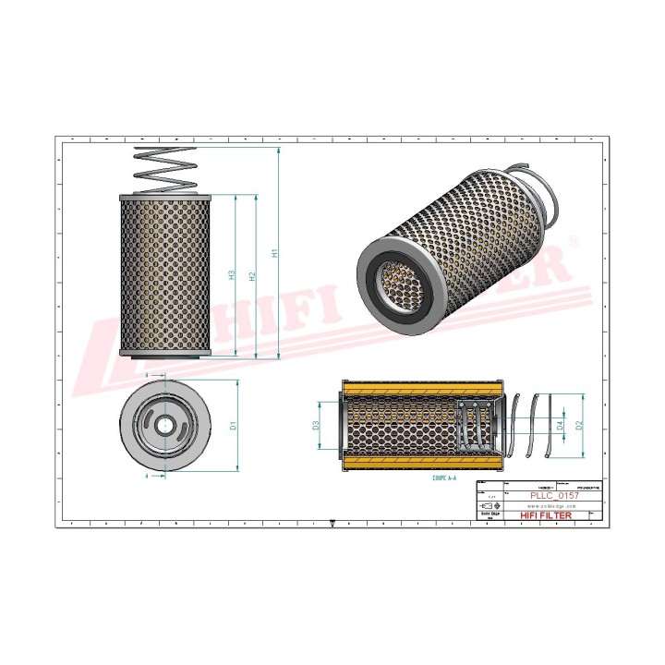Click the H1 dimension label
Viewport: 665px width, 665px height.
pyautogui.click(x=273, y=252)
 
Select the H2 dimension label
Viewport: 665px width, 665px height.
pyautogui.click(x=252, y=275)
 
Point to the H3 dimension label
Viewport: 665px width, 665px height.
pyautogui.click(x=232, y=275)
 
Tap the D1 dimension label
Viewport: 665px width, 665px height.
pyautogui.click(x=234, y=426)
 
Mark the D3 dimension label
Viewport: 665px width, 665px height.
pyautogui.click(x=315, y=426)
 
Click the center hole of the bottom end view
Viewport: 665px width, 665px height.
pyautogui.click(x=164, y=426)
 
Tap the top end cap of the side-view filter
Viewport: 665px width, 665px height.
pyautogui.click(x=166, y=197)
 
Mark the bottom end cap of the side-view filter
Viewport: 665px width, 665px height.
pyautogui.click(x=166, y=352)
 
